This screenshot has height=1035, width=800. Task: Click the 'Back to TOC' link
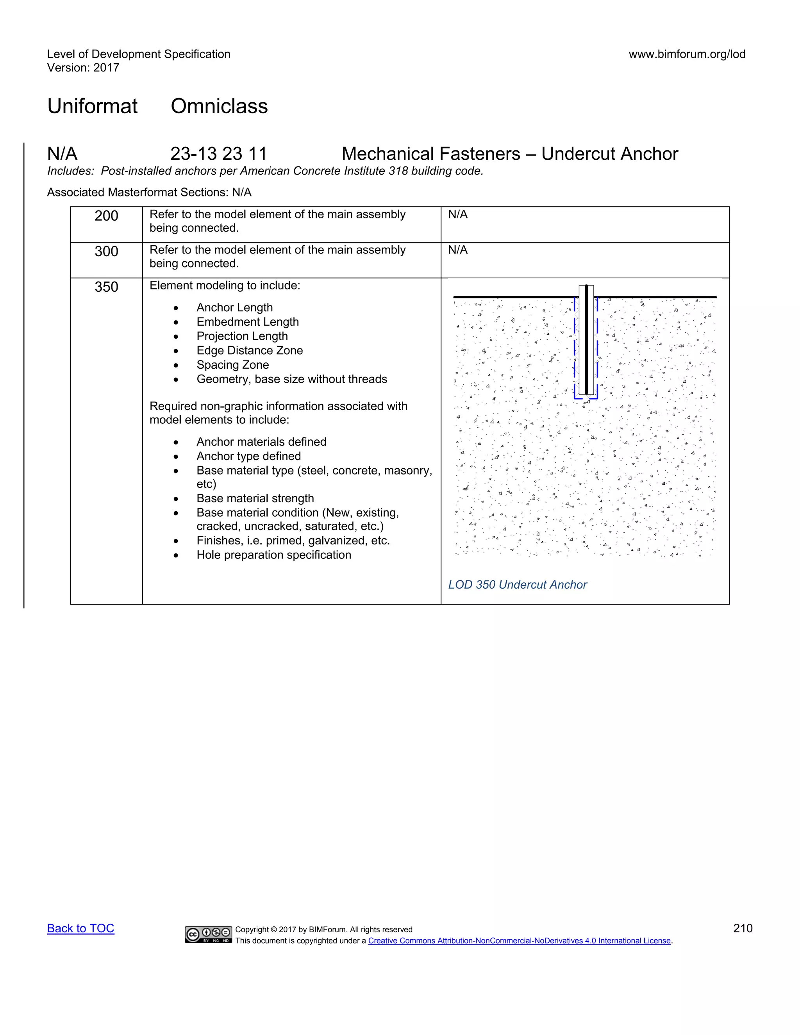[x=80, y=928]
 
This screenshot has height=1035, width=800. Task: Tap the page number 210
[x=742, y=928]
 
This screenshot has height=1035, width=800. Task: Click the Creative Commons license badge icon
[x=209, y=934]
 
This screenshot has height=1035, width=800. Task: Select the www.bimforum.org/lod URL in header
[x=687, y=54]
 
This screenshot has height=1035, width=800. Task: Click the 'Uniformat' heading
[x=93, y=106]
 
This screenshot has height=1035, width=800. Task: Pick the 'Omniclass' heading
[x=219, y=106]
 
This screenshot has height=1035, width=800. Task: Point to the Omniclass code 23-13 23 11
[x=218, y=154]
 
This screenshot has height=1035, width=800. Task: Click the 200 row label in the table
[x=106, y=216]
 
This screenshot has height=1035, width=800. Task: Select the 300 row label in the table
[x=106, y=252]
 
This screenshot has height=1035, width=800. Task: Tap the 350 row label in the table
[x=106, y=287]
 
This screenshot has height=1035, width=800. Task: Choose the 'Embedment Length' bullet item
[x=247, y=322]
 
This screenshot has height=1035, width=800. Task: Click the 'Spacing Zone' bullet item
[x=233, y=365]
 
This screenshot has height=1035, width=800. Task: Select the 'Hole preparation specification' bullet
[x=273, y=555]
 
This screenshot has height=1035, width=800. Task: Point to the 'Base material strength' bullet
[x=255, y=498]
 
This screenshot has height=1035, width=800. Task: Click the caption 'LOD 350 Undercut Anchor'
[x=518, y=585]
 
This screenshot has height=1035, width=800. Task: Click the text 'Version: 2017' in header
[x=83, y=68]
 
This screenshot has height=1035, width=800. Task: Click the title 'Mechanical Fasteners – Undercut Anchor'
[x=509, y=154]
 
